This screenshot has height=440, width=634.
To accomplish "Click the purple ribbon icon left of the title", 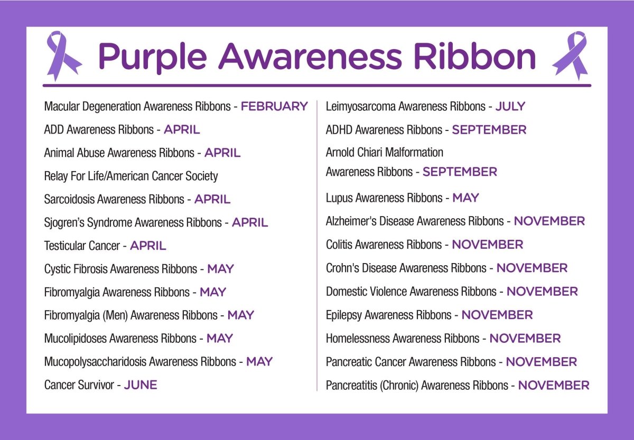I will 62,54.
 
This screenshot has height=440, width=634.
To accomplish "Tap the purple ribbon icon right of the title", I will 571,54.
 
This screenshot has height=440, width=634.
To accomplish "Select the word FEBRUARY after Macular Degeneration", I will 274,106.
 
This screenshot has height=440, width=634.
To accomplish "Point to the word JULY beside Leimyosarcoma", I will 510,106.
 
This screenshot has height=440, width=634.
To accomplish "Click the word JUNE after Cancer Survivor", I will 141,385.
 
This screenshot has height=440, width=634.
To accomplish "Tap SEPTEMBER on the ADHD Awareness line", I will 489,129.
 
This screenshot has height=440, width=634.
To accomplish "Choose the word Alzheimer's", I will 349,221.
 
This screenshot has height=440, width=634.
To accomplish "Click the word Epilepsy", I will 343,315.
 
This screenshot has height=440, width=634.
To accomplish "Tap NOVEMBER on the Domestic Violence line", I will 542,292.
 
